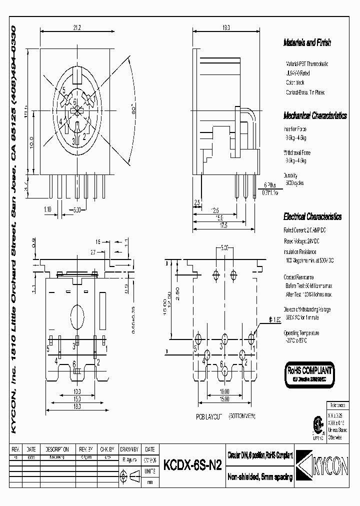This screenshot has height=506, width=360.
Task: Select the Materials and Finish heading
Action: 307,43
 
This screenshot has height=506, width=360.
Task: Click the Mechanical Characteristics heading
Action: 315,116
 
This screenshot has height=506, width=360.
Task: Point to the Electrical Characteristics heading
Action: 312,217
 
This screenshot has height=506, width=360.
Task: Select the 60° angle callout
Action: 133,112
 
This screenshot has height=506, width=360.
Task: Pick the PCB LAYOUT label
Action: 206,415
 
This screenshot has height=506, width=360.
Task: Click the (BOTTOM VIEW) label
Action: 242,415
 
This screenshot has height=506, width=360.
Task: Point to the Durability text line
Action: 291,176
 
